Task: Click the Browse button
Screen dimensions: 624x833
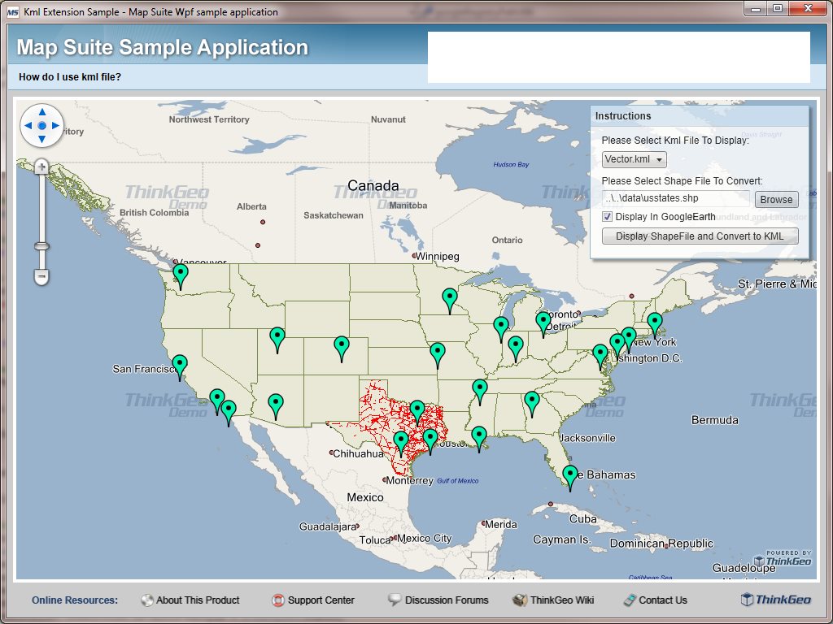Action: pos(776,199)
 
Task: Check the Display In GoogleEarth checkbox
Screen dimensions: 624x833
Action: pos(607,217)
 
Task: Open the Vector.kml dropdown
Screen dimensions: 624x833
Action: pos(635,160)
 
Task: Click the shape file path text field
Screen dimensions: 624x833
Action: pos(676,198)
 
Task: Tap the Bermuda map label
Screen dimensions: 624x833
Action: pos(714,420)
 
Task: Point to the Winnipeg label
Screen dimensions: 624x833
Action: pos(439,257)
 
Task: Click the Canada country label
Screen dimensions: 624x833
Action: pos(373,185)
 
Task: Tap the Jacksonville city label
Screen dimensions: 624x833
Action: pos(587,438)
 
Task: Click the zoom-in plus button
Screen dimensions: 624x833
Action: pos(41,167)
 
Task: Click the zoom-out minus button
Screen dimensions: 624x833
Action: pos(41,277)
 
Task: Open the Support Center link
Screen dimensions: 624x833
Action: pos(321,600)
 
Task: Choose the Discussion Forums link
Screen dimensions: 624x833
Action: pos(446,600)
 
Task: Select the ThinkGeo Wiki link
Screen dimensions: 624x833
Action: pos(561,600)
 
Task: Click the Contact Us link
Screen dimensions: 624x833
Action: pos(662,600)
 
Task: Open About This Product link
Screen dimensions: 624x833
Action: pos(198,600)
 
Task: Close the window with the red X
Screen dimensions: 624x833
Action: pos(807,8)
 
